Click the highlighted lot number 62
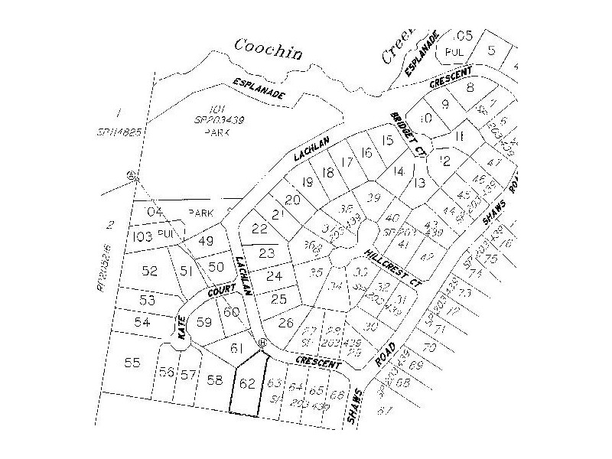coord(246,383)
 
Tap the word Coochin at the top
coord(269,50)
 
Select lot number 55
coord(133,362)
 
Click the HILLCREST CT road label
coord(392,268)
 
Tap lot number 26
coord(286,323)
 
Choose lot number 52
coord(149,271)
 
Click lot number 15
coord(387,140)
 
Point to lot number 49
coord(205,241)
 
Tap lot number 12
coord(445,160)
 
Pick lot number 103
coord(143,236)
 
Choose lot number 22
coord(260,229)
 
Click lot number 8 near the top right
coord(470,89)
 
